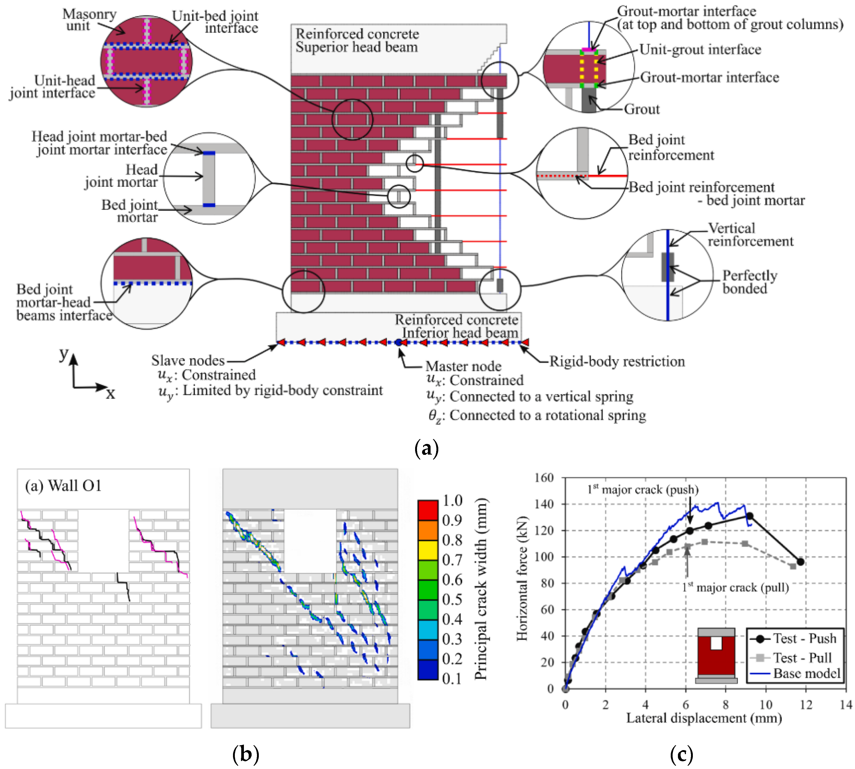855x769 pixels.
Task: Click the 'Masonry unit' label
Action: (x=89, y=20)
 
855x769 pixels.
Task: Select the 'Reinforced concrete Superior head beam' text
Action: (x=357, y=40)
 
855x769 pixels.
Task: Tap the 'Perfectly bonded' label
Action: (x=749, y=282)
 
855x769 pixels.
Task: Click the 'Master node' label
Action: (x=463, y=366)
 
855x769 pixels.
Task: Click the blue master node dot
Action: (x=398, y=342)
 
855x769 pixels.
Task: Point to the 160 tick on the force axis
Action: (x=544, y=478)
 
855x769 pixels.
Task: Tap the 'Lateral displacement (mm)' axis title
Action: (x=703, y=718)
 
